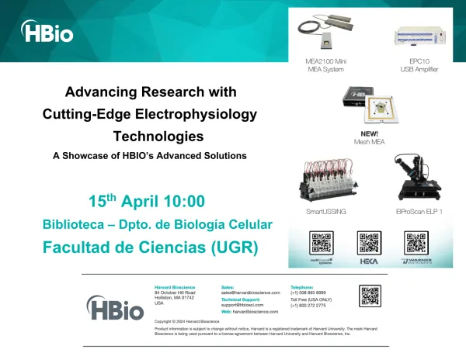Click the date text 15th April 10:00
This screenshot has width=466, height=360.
point(147,202)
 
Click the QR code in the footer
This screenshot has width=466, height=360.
point(370,296)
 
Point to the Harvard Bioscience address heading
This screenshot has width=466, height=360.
point(175,286)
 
